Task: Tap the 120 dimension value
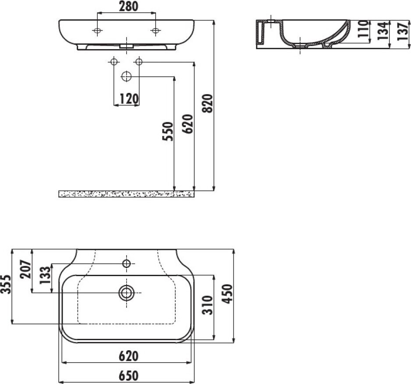(x=129, y=99)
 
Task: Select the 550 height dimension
(x=168, y=132)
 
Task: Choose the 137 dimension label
(x=403, y=32)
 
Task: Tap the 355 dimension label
(x=6, y=284)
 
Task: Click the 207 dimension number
(x=26, y=269)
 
